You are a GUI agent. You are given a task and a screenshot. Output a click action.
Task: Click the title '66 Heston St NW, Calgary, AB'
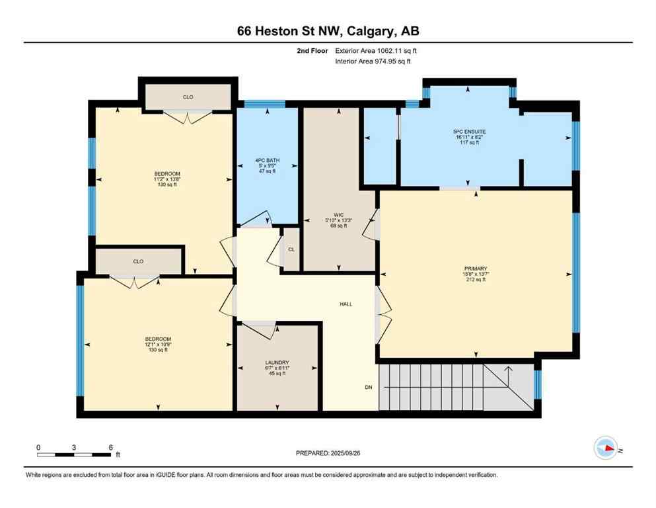[x=328, y=30]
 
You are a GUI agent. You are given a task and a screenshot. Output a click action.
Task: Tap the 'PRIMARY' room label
[x=474, y=269]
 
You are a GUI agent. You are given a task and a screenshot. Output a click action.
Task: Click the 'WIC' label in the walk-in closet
[x=338, y=215]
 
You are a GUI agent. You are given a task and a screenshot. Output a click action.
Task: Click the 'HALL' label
[x=346, y=304]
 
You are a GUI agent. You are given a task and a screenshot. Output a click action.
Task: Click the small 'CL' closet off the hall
[x=291, y=249]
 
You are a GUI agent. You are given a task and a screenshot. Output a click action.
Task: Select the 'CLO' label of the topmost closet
[x=188, y=97]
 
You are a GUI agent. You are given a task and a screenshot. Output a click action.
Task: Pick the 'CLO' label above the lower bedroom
[x=138, y=261]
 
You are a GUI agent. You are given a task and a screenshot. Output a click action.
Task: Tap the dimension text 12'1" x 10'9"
[x=157, y=345]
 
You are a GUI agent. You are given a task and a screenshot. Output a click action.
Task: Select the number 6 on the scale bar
[x=110, y=447]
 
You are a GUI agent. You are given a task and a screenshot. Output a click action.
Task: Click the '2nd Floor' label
[x=310, y=50]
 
